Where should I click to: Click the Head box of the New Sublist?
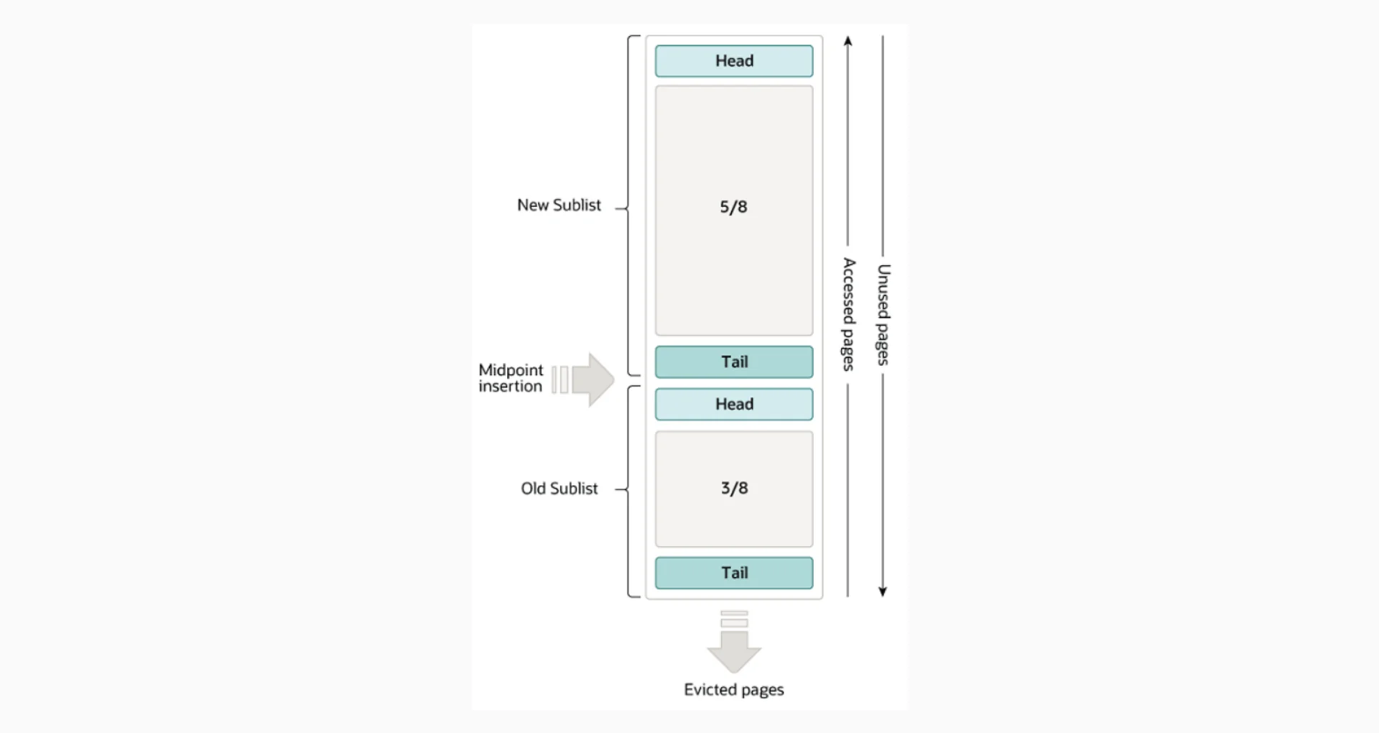coord(733,61)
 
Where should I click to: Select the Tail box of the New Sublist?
coord(733,362)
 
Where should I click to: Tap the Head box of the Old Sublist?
coord(733,405)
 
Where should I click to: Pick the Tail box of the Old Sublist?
coord(733,573)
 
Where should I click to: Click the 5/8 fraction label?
coord(733,207)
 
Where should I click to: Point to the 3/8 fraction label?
coord(734,489)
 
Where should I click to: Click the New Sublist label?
coord(559,206)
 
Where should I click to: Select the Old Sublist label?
coord(559,489)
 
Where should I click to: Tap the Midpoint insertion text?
coord(511,378)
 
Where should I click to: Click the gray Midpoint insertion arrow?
coord(592,379)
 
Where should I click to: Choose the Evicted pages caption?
coord(733,690)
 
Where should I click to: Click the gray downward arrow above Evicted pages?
coord(733,644)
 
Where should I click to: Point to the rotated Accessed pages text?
coord(848,315)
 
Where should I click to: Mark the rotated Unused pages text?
coord(883,315)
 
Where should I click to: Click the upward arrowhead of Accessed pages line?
coord(848,41)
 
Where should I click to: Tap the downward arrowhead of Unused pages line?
coord(883,591)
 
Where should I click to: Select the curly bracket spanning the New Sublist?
coord(629,206)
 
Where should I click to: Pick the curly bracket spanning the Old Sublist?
coord(629,492)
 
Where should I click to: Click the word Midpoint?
coord(511,370)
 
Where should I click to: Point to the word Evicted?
coord(710,690)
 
